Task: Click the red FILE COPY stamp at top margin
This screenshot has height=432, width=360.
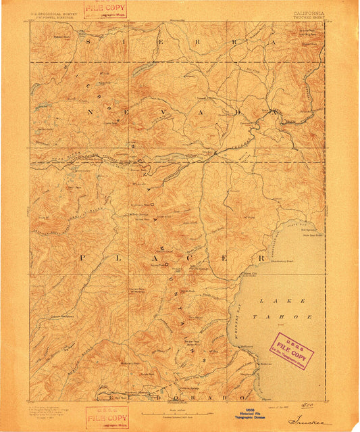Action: point(107,8)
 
